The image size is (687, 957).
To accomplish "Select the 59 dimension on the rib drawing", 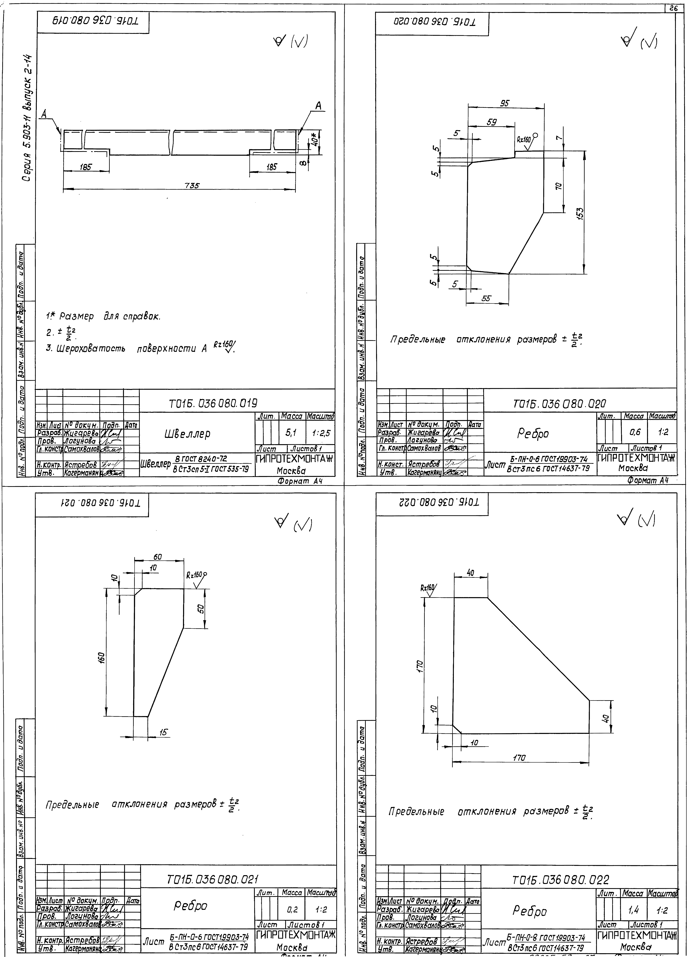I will [492, 122].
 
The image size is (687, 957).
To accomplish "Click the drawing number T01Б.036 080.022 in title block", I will [560, 880].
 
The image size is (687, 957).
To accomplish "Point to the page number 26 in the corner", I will [674, 8].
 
